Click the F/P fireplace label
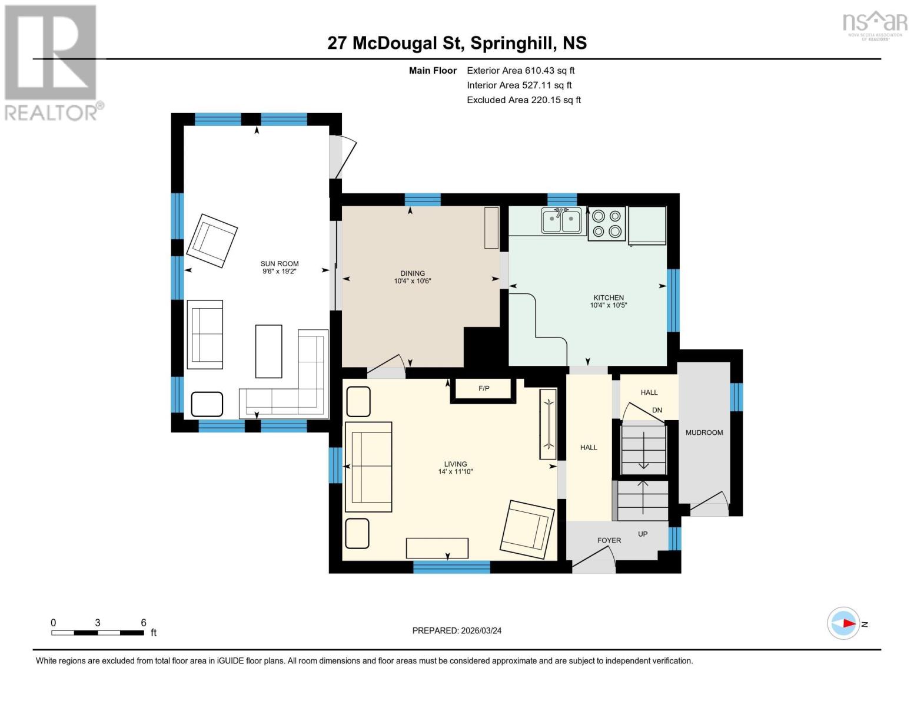483,389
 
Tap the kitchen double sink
561,222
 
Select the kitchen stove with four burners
607,224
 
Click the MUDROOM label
704,432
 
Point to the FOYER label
609,540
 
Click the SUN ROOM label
280,264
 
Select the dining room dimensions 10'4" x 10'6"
413,281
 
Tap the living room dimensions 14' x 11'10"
455,471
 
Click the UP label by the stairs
643,534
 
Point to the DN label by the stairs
657,410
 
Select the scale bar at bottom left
98,633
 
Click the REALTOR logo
51,62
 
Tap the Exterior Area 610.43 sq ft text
520,70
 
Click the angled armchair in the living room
527,529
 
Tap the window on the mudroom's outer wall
736,397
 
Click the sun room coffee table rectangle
268,351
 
